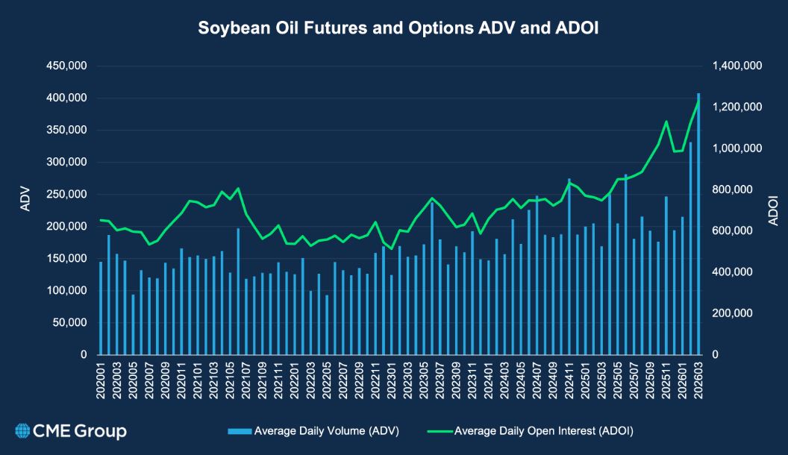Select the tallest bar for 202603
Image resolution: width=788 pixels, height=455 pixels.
698,224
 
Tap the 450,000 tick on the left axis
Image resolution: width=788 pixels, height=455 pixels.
66,66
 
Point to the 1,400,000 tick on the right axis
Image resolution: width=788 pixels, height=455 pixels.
737,66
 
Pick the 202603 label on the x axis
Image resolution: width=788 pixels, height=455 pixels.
698,380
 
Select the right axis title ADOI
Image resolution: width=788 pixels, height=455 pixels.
772,210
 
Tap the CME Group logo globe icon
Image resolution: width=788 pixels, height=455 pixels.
22,430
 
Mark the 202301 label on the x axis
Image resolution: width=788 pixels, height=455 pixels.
391,380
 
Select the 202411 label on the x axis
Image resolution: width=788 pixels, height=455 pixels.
569,380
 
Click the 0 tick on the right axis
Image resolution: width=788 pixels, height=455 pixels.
716,355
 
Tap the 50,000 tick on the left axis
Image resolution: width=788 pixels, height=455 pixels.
69,323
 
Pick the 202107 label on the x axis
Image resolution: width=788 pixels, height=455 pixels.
246,380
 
